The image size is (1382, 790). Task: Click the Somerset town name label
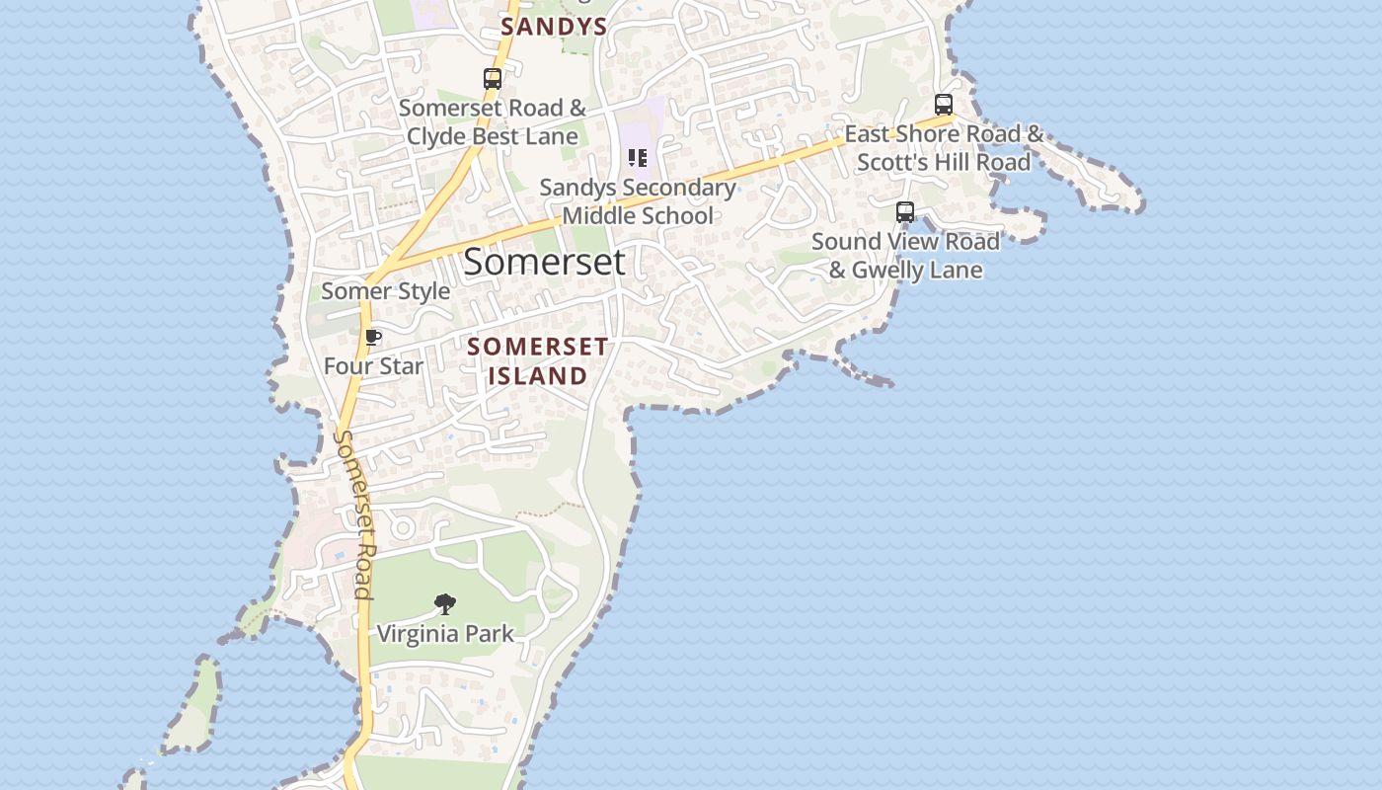point(544,262)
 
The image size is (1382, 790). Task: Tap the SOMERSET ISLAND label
point(538,361)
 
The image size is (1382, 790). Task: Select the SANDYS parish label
point(553,27)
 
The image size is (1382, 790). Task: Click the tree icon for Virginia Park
point(445,603)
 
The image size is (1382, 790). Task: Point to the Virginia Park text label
point(445,633)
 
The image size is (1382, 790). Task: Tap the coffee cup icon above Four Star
point(373,338)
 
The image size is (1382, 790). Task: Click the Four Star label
point(373,366)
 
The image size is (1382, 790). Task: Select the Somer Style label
point(385,291)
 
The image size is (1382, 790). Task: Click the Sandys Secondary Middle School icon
point(638,158)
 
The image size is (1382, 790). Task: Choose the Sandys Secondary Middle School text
point(638,201)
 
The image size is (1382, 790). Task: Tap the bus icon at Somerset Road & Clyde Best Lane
point(493,79)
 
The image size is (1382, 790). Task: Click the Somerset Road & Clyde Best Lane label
point(493,121)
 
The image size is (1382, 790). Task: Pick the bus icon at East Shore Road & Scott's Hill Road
point(944,105)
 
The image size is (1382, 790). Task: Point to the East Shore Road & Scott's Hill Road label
point(944,148)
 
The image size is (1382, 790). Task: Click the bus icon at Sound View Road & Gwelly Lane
point(905,211)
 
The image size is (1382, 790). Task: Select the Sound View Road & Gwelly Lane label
point(905,256)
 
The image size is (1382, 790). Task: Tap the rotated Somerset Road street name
point(354,513)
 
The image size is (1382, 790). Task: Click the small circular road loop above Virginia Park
point(402,527)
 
